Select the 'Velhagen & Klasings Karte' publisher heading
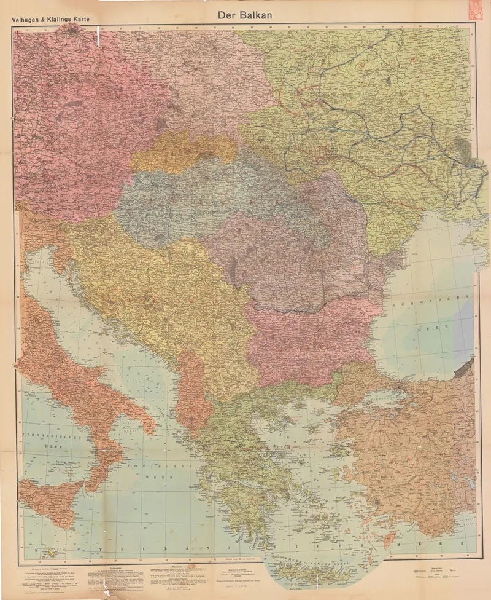pos(50,19)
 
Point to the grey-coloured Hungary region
pos(203,197)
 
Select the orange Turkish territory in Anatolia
pos(411,449)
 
